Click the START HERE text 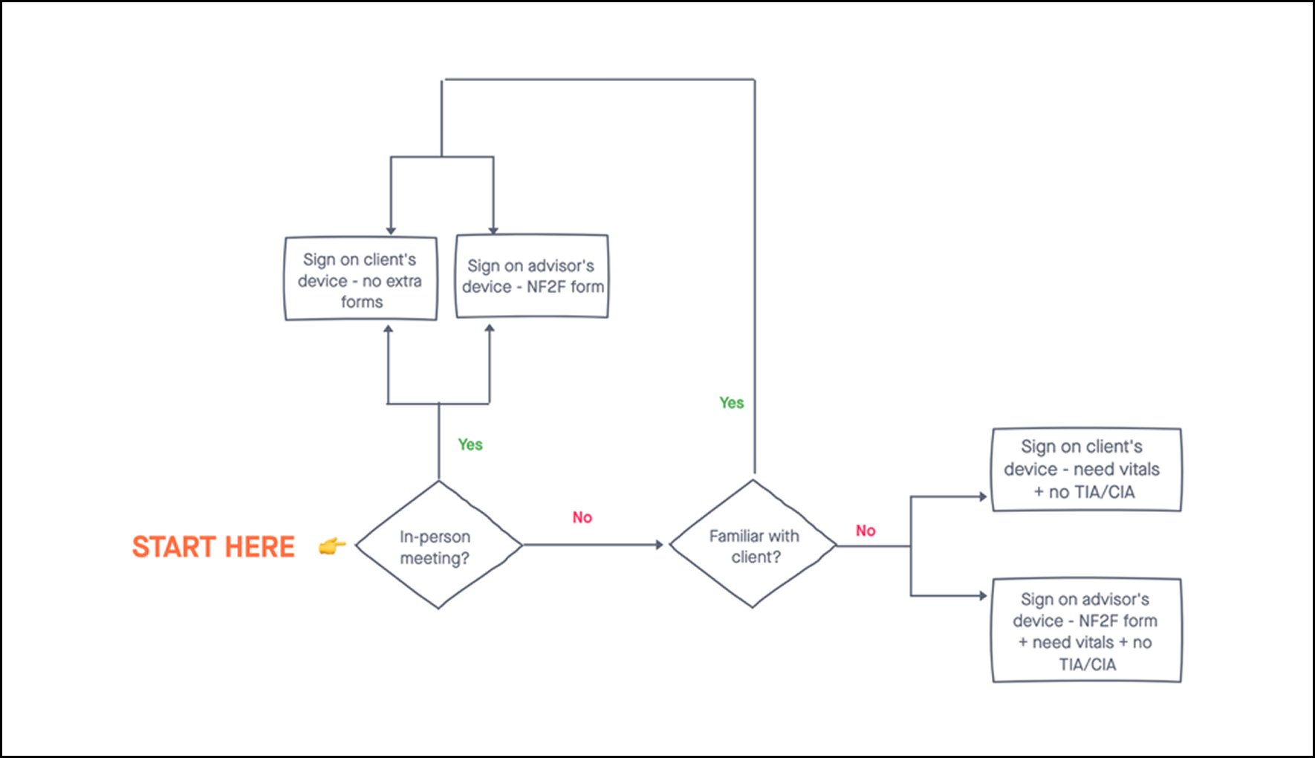pos(213,547)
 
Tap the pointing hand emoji pos(331,547)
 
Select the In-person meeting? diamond pos(438,545)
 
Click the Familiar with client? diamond pos(753,545)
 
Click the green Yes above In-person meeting pos(470,444)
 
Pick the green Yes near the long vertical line pos(731,403)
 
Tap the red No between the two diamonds pos(582,517)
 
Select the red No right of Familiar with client pos(865,531)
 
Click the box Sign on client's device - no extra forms pos(361,279)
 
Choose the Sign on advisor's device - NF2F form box pos(532,276)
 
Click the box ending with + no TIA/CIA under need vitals pos(1086,470)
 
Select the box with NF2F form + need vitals pos(1086,630)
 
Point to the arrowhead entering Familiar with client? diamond pos(658,545)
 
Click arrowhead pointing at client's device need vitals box pos(983,496)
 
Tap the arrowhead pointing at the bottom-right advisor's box pos(983,595)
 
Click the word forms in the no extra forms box pos(362,302)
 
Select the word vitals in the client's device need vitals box pos(1137,469)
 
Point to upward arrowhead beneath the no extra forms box pos(388,329)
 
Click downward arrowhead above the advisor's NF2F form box pos(493,230)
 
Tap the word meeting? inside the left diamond pos(435,558)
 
